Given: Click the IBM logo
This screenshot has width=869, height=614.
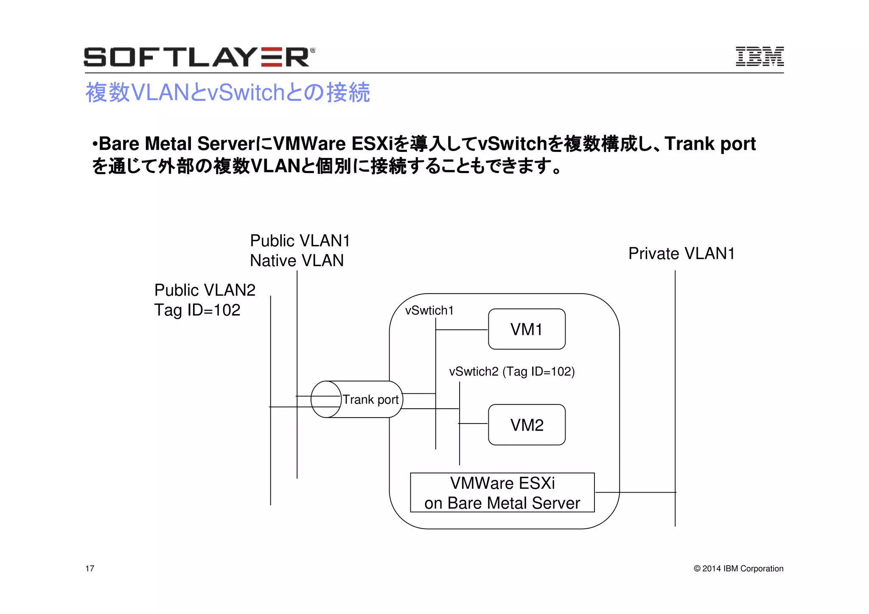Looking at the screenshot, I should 760,56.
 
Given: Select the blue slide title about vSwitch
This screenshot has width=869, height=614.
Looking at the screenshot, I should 228,92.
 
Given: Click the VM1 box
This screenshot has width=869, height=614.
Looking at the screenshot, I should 527,329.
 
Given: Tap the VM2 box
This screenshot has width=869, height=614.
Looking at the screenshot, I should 527,425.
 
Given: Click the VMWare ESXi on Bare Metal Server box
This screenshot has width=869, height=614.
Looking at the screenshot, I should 502,493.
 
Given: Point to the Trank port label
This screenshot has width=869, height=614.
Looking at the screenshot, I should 370,400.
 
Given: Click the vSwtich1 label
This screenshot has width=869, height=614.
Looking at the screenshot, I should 429,311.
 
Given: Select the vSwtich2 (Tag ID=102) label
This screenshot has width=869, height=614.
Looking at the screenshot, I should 512,372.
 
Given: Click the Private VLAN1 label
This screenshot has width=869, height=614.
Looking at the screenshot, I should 681,253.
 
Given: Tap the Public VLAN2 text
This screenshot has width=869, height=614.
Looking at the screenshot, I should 205,290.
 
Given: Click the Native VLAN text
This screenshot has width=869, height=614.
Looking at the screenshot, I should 297,261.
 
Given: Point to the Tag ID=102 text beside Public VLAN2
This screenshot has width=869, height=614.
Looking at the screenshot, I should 197,310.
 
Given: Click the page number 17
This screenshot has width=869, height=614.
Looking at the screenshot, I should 90,569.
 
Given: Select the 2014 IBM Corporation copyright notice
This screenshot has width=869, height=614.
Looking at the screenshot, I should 738,569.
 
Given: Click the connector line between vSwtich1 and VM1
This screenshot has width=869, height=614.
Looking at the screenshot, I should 462,330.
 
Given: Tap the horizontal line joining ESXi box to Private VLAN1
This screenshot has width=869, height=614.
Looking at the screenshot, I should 635,492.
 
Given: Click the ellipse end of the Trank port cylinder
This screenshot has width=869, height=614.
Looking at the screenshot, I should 326,399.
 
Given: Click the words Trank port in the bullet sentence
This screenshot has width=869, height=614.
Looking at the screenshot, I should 710,144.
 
